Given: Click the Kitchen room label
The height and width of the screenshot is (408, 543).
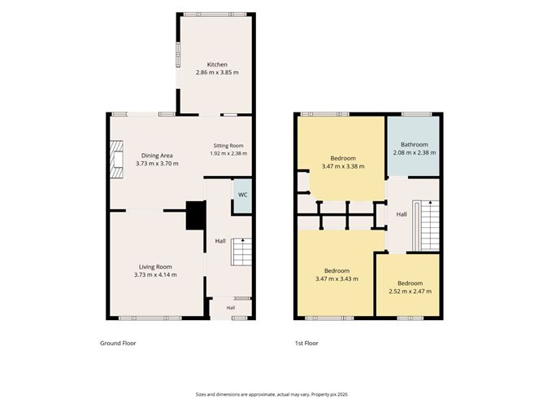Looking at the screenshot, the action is click(x=217, y=64).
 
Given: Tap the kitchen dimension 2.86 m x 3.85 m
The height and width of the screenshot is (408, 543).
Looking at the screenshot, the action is click(x=217, y=72).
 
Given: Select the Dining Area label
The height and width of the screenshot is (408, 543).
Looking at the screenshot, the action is click(x=157, y=156).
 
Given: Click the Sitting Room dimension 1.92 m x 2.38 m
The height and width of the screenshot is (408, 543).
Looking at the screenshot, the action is click(x=228, y=153).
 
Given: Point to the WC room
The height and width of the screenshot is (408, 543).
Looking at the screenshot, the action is click(x=243, y=196).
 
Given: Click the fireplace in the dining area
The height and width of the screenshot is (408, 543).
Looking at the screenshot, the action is click(x=117, y=160).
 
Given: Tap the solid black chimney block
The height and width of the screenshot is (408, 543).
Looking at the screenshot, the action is click(x=196, y=216).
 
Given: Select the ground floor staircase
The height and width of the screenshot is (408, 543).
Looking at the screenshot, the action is click(x=241, y=252).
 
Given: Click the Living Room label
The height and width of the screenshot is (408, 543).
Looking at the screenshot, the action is click(x=155, y=267).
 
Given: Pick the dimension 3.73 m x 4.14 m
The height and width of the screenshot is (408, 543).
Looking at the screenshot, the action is click(x=155, y=274).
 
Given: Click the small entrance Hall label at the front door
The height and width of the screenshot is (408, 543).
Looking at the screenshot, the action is click(x=231, y=308).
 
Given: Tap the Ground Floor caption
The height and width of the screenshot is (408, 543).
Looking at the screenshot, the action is click(x=118, y=343).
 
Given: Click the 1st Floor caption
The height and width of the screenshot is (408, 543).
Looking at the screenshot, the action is click(x=306, y=343).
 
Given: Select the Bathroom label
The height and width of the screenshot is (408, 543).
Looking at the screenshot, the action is click(x=415, y=144).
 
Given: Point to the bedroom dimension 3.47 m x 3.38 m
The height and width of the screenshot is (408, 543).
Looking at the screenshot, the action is click(x=343, y=166).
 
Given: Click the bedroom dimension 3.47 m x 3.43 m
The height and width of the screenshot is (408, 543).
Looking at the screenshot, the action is click(x=337, y=279).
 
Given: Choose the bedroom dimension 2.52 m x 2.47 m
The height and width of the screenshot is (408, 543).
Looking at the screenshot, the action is click(x=411, y=292).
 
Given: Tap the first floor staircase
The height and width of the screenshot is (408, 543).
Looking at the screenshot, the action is click(x=426, y=226).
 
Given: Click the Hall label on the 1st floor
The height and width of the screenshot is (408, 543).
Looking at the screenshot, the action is click(x=402, y=214).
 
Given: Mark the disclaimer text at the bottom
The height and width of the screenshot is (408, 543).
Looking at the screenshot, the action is click(x=271, y=394).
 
